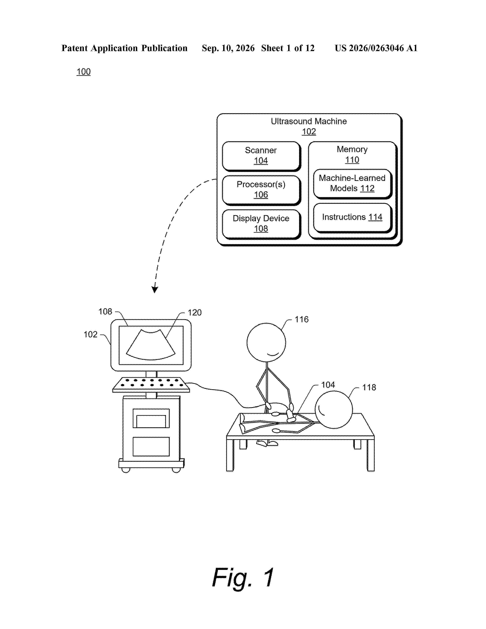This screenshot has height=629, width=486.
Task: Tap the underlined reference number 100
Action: click(x=83, y=72)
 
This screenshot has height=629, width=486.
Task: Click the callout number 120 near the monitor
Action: click(x=195, y=312)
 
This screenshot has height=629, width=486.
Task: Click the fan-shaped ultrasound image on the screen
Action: click(x=151, y=345)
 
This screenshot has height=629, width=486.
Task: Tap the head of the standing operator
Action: click(x=266, y=343)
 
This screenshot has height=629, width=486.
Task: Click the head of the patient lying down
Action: click(x=333, y=410)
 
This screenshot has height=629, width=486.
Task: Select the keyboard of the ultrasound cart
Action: click(x=151, y=385)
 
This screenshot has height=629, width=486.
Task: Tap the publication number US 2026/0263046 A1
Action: click(x=376, y=48)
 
